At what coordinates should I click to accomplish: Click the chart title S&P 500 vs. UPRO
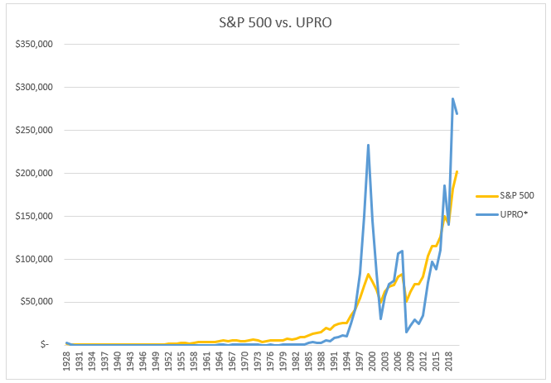275,24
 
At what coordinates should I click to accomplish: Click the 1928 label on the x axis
66,362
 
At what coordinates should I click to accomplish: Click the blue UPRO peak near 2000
368,145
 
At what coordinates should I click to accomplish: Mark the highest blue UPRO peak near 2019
452,98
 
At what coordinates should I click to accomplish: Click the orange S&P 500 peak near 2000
368,274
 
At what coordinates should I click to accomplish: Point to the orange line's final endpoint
457,171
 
